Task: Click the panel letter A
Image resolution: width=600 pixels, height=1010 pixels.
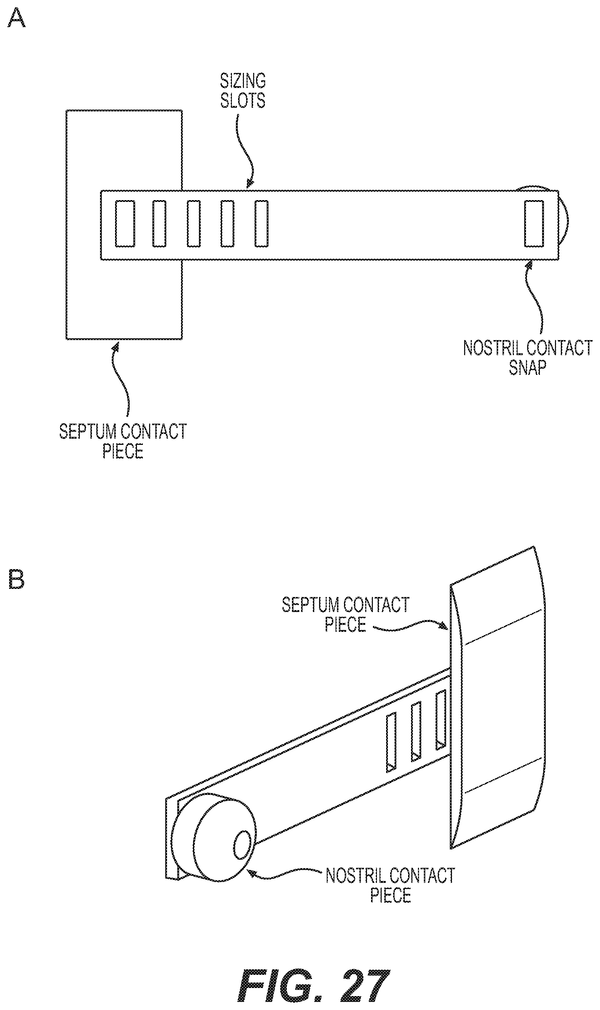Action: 16,18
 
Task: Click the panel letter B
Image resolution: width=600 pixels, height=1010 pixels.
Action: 16,580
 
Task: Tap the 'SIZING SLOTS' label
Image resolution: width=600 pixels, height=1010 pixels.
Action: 243,91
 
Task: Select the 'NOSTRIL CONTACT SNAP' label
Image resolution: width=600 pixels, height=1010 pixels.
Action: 527,357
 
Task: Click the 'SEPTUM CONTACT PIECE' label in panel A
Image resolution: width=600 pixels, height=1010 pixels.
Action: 123,441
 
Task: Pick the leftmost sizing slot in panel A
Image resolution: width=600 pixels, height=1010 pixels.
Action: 125,223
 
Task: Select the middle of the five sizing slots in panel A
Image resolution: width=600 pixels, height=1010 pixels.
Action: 194,223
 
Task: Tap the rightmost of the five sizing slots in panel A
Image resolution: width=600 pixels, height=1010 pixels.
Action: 262,223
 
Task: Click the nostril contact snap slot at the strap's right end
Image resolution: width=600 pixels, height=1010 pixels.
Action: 534,223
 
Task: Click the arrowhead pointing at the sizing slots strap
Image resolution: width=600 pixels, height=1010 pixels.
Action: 251,184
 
